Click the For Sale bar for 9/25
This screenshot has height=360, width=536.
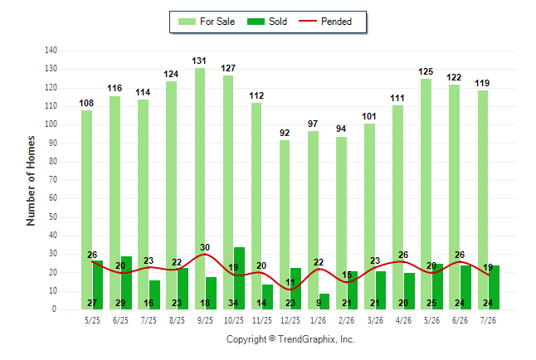pyautogui.click(x=200, y=189)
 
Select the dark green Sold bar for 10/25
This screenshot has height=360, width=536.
pyautogui.click(x=239, y=278)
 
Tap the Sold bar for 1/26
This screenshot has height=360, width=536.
pyautogui.click(x=324, y=302)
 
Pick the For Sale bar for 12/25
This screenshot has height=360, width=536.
pyautogui.click(x=285, y=225)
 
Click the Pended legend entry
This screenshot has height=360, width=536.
pyautogui.click(x=325, y=22)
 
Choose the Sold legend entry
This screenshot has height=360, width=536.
pyautogui.click(x=267, y=22)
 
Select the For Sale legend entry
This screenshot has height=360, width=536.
pyautogui.click(x=207, y=22)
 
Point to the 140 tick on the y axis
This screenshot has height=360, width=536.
pyautogui.click(x=51, y=51)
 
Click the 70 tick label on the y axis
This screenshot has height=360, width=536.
pyautogui.click(x=52, y=180)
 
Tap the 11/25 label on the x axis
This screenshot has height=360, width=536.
pyautogui.click(x=262, y=320)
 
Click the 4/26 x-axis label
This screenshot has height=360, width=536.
pyautogui.click(x=403, y=320)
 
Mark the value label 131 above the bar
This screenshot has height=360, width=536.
pyautogui.click(x=199, y=61)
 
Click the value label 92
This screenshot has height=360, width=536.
pyautogui.click(x=285, y=133)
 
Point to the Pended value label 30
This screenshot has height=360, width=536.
pyautogui.click(x=205, y=247)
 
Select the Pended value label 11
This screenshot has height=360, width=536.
pyautogui.click(x=290, y=282)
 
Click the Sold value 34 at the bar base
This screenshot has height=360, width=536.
pyautogui.click(x=233, y=303)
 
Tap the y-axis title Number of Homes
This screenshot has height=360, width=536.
pyautogui.click(x=31, y=181)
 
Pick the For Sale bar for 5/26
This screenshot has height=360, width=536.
pyautogui.click(x=426, y=194)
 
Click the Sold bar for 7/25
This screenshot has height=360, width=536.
pyautogui.click(x=154, y=295)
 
